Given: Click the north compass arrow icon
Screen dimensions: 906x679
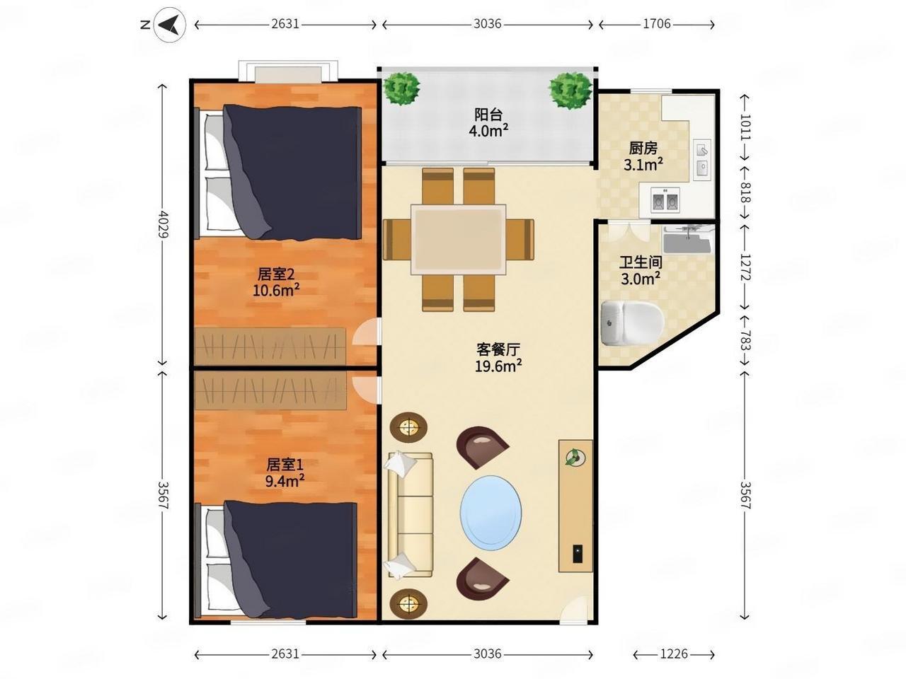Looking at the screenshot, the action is tap(169, 25).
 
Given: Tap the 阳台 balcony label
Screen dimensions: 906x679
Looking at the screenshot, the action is tap(488, 114).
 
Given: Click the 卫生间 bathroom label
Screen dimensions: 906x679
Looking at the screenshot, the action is tap(641, 262).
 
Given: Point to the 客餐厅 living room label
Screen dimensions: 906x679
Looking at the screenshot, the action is tap(498, 349).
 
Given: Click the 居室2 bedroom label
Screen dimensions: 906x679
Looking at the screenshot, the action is tap(276, 274).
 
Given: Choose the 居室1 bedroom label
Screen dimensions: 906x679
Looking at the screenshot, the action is tap(285, 465).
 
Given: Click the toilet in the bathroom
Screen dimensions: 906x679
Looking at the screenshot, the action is tap(632, 323).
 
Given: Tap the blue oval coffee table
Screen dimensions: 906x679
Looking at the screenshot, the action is tap(491, 511).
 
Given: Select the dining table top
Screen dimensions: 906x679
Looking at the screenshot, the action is tap(458, 239).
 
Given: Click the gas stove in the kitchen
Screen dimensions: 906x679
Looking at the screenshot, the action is tap(665, 200).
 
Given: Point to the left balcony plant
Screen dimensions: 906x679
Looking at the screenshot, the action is tap(401, 88).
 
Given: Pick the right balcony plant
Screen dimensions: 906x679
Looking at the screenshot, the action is tap(570, 91).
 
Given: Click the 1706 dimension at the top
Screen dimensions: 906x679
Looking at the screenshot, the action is tap(657, 24).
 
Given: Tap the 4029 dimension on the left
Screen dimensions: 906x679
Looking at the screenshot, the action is tap(163, 224).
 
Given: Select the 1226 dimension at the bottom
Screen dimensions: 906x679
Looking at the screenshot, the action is tap(674, 654).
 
